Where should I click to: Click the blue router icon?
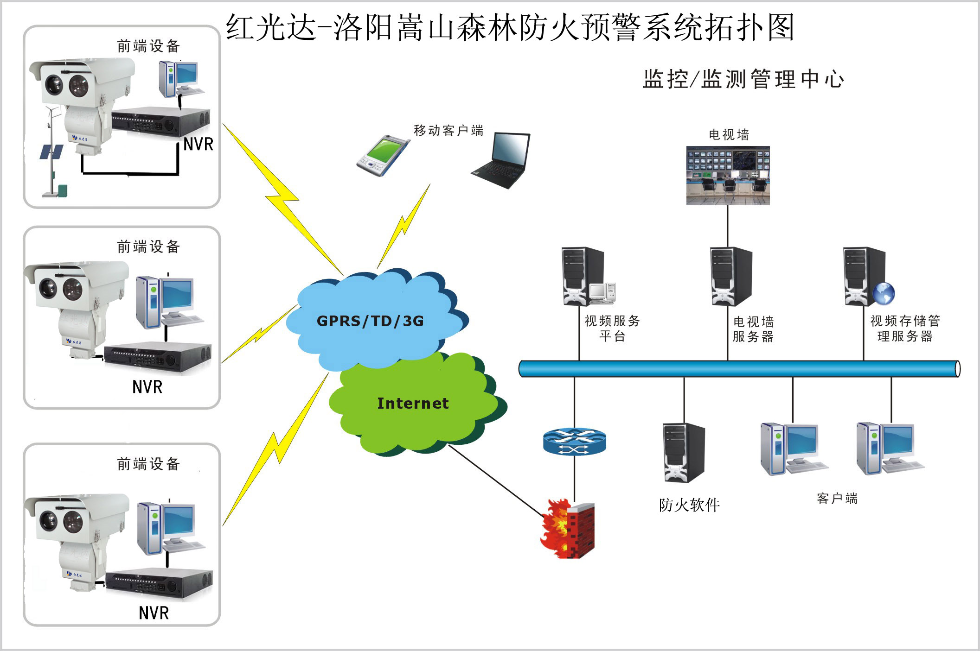point(574,442)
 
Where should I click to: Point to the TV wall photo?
point(728,176)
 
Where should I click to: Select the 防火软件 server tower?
point(684,453)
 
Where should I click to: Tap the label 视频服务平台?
point(612,328)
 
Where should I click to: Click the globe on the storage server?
point(883,293)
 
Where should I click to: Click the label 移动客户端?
point(448,131)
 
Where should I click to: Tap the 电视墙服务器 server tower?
point(730,277)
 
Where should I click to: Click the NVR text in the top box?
point(198,145)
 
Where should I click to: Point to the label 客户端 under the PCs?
point(837,499)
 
